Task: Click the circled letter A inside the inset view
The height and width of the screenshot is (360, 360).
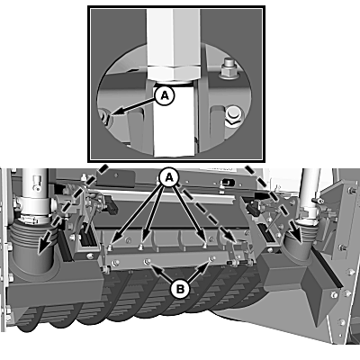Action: [165, 95]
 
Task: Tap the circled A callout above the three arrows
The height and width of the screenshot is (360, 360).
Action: [169, 177]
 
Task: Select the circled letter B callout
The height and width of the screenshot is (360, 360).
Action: [180, 290]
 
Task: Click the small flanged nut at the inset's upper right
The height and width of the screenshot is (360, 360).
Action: [229, 68]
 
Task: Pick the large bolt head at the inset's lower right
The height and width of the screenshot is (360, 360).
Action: [233, 116]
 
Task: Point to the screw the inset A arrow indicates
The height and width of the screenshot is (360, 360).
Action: [106, 117]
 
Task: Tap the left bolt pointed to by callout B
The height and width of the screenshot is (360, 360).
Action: [147, 262]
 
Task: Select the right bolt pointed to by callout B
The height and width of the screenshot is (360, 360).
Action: [212, 258]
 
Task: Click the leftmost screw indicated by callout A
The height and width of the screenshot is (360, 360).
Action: [110, 247]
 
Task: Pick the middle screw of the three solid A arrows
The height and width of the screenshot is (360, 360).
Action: [140, 247]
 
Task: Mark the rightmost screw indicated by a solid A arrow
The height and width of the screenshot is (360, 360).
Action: [205, 246]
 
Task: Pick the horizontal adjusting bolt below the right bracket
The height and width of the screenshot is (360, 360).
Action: [239, 264]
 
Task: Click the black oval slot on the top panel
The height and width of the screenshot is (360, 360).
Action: [227, 182]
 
